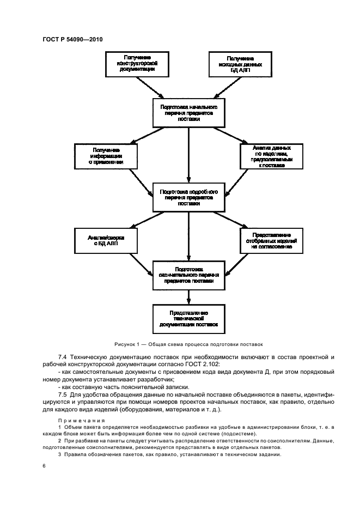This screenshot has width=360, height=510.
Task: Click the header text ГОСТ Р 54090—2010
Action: coord(72,40)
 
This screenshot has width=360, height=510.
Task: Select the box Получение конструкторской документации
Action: coord(133,64)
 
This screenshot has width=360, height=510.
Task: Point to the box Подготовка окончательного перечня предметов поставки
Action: coord(188,275)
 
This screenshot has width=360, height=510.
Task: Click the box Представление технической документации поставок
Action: coord(188,318)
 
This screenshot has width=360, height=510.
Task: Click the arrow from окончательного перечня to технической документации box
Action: coord(188,297)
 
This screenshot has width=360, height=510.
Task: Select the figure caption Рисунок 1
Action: coord(188,344)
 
